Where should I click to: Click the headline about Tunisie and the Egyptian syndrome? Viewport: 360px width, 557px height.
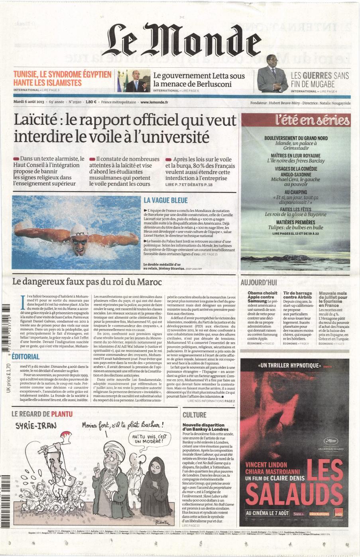tap(62, 78)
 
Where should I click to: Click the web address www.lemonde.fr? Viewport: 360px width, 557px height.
tap(154, 102)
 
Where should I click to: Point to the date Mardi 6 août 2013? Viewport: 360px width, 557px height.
tap(28, 102)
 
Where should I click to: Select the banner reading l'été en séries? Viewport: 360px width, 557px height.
tap(295, 120)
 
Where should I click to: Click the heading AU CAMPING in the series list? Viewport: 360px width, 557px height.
tap(295, 192)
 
